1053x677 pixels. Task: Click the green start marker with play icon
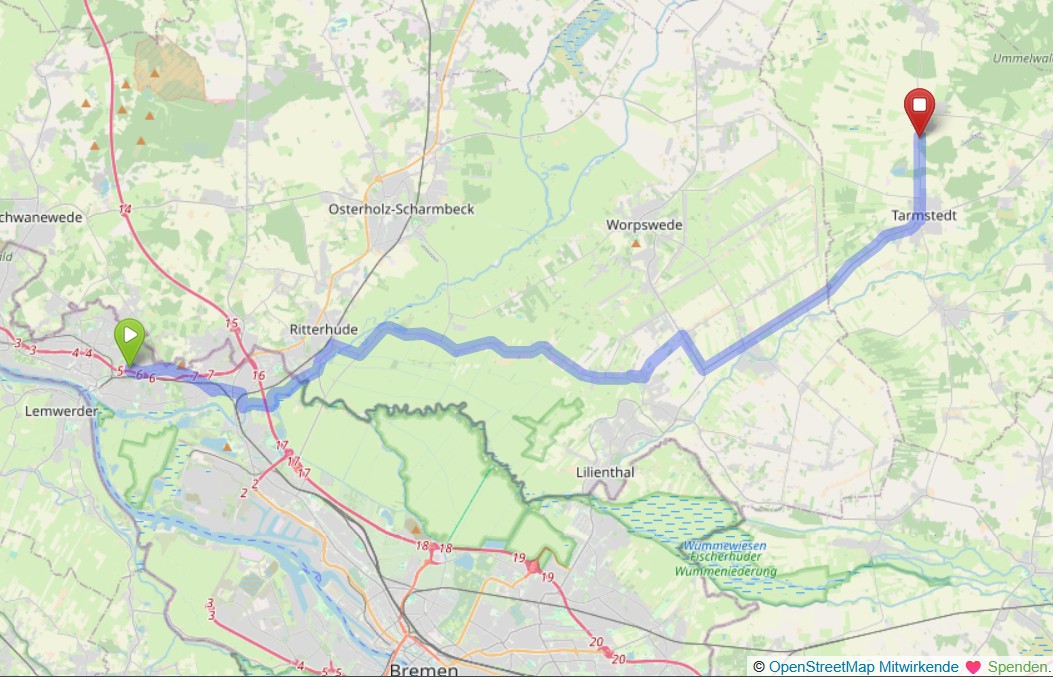[130, 339]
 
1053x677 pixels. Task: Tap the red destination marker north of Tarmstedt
[919, 109]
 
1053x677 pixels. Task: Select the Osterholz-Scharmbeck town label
[401, 209]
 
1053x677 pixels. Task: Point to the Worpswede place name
[644, 225]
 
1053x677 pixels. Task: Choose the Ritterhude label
[322, 327]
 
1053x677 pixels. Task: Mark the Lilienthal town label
[605, 471]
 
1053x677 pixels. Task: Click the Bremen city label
[423, 668]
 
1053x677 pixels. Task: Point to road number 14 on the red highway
[124, 209]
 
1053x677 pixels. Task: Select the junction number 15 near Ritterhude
[232, 323]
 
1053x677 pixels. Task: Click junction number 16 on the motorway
[259, 375]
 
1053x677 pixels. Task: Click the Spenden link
[1018, 666]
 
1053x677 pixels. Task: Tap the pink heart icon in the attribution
[972, 666]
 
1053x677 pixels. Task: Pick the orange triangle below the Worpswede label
[635, 242]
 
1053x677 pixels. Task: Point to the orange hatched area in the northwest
[170, 68]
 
